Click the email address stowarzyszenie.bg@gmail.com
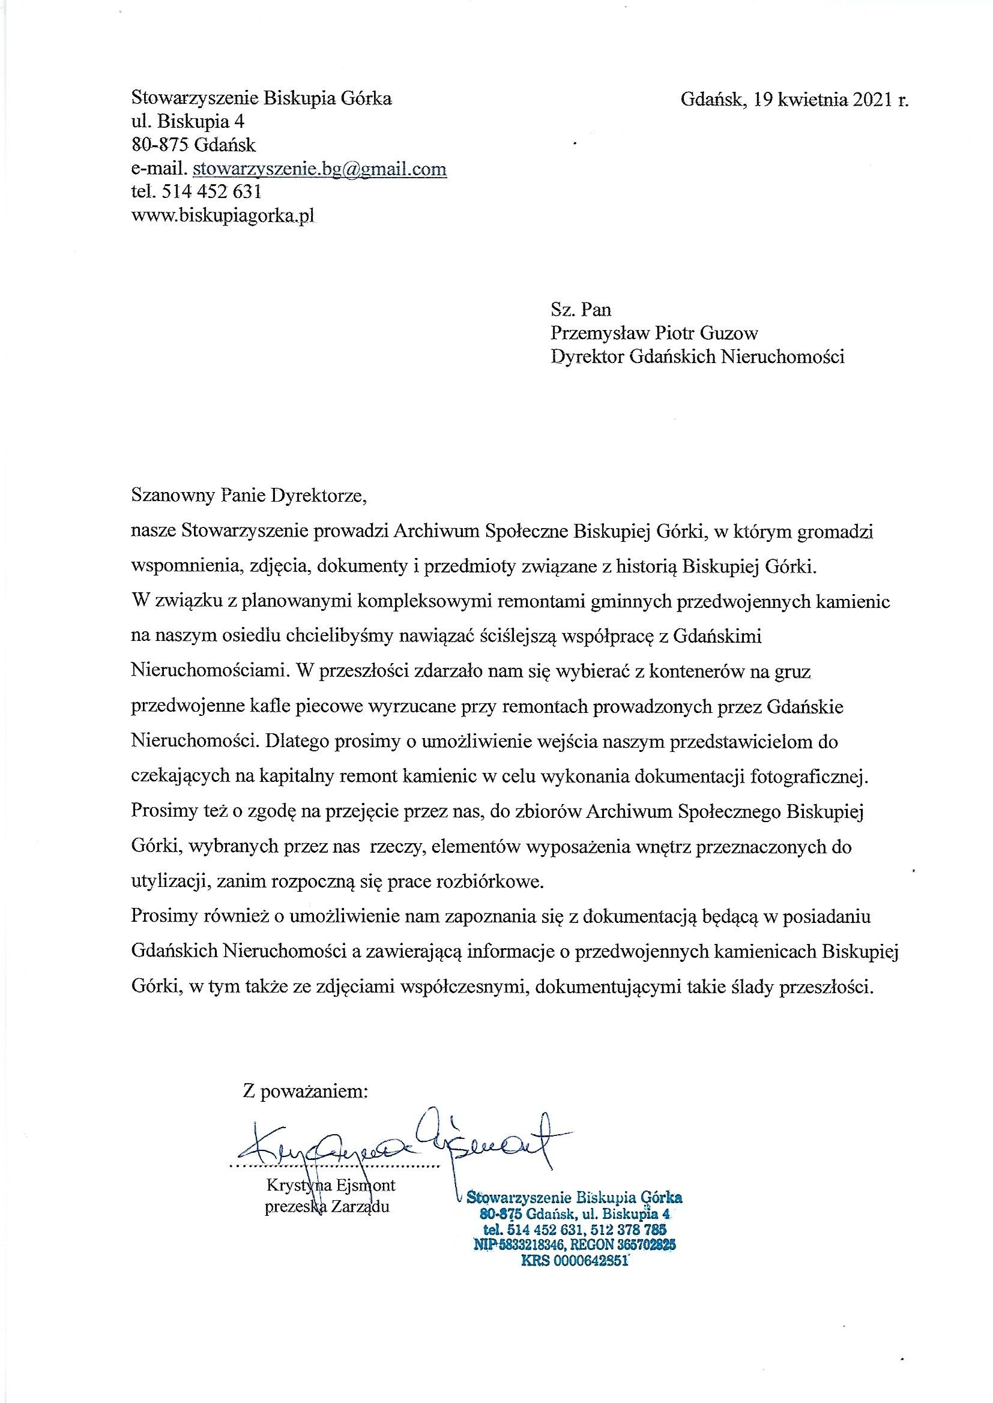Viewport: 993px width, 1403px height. pos(319,169)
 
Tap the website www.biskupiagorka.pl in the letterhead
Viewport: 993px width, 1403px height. pos(224,215)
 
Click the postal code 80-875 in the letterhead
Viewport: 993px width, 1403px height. pos(159,145)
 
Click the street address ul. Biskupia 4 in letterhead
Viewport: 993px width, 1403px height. pos(188,122)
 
